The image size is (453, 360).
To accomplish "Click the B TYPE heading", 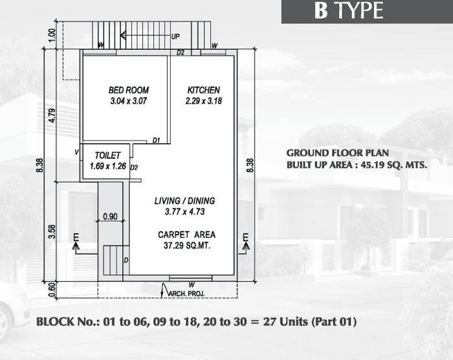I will pos(350,11).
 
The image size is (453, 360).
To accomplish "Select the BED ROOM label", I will pos(129,90).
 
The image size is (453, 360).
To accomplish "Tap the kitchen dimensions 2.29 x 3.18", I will pos(203,101).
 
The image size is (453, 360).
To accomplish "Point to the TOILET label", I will pos(107,156).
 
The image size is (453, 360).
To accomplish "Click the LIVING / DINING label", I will pos(184,201).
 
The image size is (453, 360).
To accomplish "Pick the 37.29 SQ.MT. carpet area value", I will pos(186,245).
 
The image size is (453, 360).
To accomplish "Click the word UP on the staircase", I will pos(175,37).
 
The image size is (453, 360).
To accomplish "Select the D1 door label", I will pos(157,140).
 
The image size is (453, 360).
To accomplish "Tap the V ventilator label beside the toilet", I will pos(76,153).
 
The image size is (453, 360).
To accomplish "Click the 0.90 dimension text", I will pos(110,217).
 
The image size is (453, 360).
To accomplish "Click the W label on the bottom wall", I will pos(192,284).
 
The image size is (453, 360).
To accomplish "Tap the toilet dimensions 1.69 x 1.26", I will pos(108,166).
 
